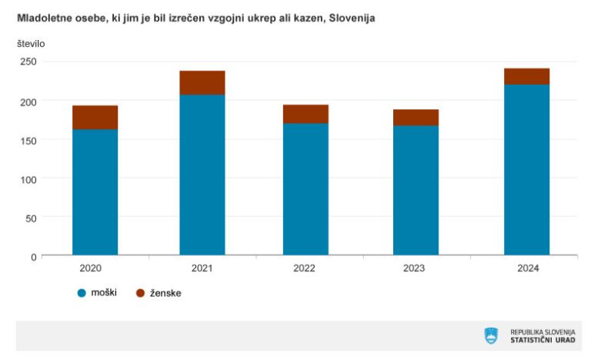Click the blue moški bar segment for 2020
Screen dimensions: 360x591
[95, 192]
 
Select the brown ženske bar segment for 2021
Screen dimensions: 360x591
[202, 82]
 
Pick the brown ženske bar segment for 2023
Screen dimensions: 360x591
[416, 117]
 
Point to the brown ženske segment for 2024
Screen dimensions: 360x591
[526, 76]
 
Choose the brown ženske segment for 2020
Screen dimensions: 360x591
[95, 117]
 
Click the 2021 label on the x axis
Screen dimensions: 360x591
[202, 268]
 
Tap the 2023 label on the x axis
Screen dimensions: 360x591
[416, 268]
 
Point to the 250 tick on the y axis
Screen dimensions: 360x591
[28, 62]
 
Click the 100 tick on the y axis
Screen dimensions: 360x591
[28, 178]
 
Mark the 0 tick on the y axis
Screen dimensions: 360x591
[33, 256]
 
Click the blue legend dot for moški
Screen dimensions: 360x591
[82, 293]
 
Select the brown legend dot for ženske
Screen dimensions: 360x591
[140, 293]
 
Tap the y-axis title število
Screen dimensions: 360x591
[31, 43]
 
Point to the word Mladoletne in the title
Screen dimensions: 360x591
[42, 18]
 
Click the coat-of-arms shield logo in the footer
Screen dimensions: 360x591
[491, 335]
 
